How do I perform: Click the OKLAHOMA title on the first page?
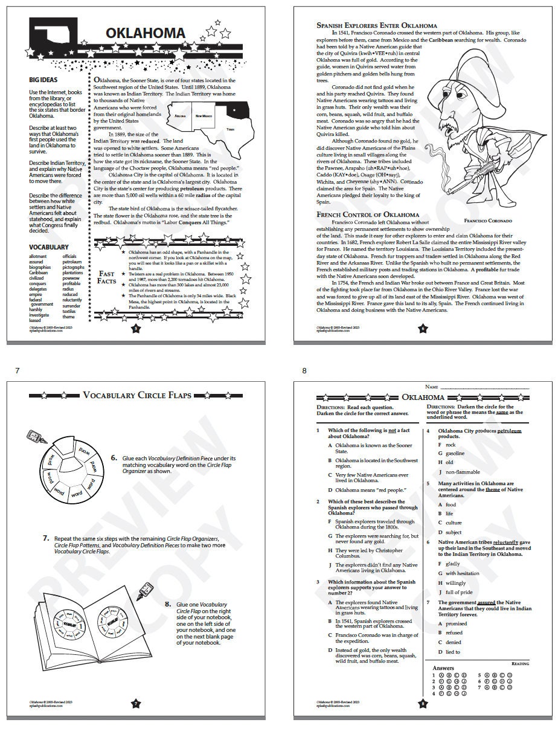coord(146,33)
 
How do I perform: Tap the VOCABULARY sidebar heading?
coord(48,247)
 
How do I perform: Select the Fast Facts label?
coord(106,277)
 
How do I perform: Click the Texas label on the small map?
coord(229,129)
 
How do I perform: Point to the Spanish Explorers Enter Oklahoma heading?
coord(377,25)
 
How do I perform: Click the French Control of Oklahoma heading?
coord(368,214)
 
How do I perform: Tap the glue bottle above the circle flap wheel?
coord(34,436)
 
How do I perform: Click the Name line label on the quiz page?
coord(431,386)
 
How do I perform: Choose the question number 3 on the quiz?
coord(318,582)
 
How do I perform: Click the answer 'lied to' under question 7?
coord(452,652)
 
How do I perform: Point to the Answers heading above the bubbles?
coord(443,668)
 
